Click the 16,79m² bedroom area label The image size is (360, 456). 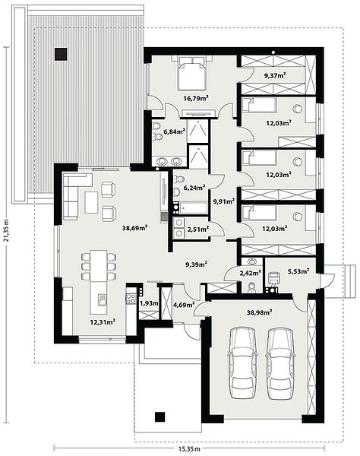[196, 98]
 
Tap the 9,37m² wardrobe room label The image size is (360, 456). [275, 76]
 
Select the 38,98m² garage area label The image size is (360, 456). [259, 312]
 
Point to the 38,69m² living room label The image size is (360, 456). [134, 228]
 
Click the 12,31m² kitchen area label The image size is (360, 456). [103, 322]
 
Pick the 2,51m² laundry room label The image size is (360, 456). [198, 230]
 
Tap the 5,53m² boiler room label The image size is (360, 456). [298, 271]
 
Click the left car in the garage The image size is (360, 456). [242, 363]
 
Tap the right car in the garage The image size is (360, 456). [279, 363]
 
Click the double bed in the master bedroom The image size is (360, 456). [191, 73]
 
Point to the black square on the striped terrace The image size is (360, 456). [61, 54]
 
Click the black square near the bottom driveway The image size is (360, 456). [159, 417]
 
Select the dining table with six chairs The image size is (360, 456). [99, 266]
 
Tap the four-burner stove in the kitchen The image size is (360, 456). [131, 299]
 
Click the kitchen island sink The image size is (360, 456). [102, 300]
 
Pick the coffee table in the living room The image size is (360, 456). [91, 202]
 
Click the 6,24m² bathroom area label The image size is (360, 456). [194, 188]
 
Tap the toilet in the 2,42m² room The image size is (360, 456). [251, 287]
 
